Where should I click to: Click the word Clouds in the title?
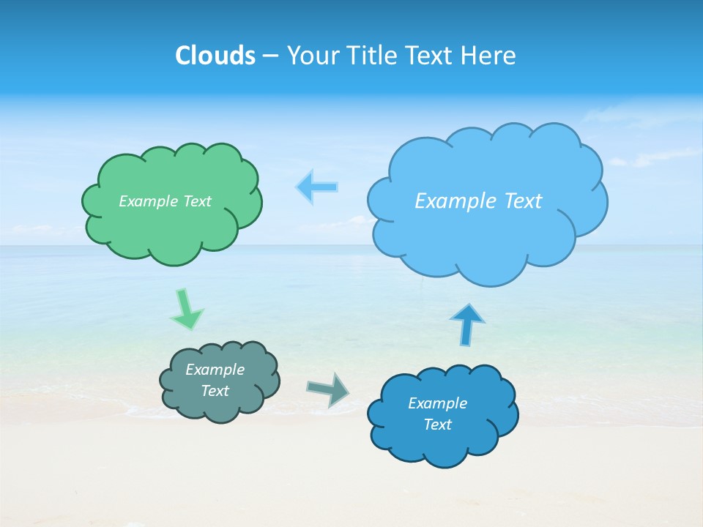(215, 56)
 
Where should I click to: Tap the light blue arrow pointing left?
(317, 187)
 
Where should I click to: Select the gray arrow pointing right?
(327, 389)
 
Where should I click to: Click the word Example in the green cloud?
(149, 201)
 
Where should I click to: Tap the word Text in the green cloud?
(197, 201)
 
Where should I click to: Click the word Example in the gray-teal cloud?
(215, 370)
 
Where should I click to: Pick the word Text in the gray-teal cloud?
(215, 391)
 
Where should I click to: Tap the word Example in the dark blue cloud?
(437, 403)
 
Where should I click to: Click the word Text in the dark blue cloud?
(437, 425)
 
